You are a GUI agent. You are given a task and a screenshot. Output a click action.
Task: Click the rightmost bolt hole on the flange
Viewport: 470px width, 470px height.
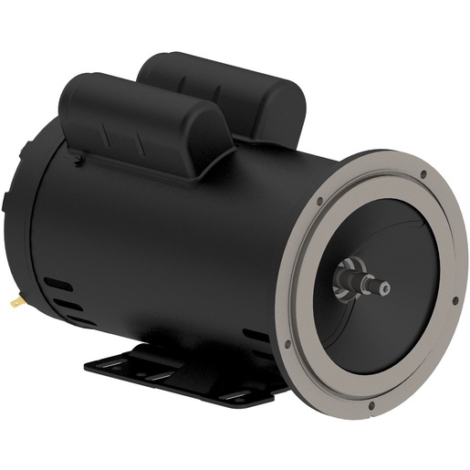(454, 300)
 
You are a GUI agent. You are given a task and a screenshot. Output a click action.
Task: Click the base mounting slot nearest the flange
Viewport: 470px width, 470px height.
(239, 395)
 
